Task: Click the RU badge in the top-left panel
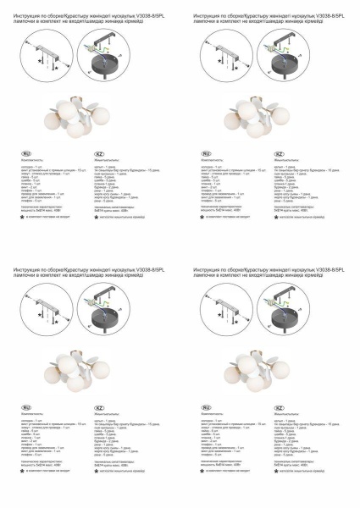click(25, 152)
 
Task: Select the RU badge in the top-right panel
click(206, 152)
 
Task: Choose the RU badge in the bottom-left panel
click(25, 406)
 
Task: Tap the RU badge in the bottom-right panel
click(206, 406)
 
